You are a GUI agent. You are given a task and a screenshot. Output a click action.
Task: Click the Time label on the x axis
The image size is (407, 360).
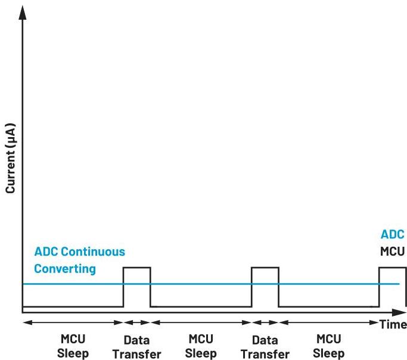(x=393, y=324)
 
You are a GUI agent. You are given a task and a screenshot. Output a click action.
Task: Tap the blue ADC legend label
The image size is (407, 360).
(x=393, y=235)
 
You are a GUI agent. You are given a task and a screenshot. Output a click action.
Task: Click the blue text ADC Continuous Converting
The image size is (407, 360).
(x=79, y=260)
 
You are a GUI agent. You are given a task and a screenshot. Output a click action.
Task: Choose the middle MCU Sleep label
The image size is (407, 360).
(x=201, y=346)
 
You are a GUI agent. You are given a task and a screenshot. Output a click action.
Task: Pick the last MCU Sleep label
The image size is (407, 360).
(x=328, y=346)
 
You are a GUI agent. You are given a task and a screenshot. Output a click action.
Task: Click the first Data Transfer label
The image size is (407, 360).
(x=136, y=347)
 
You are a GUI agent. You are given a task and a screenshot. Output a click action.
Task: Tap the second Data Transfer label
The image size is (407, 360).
(x=265, y=347)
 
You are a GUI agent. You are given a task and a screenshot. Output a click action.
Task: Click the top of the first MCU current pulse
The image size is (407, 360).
(x=136, y=268)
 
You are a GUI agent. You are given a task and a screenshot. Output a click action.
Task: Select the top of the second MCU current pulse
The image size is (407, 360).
(x=265, y=268)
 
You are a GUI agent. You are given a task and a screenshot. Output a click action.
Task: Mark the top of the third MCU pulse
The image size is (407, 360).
(x=392, y=268)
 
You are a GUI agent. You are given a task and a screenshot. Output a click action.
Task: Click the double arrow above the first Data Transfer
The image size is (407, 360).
(x=136, y=324)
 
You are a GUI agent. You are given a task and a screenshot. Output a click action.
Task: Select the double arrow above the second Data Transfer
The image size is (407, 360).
(x=265, y=324)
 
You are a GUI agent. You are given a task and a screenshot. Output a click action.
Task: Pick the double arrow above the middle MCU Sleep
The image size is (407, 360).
(x=201, y=324)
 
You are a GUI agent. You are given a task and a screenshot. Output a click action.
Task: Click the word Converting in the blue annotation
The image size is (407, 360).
(x=65, y=268)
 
